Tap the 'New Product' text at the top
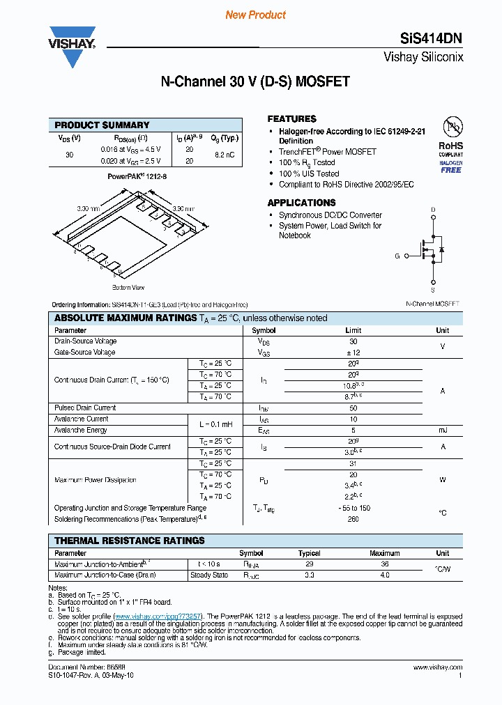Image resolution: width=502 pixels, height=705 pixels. (x=255, y=15)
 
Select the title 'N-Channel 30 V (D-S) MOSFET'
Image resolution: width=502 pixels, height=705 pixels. (x=255, y=82)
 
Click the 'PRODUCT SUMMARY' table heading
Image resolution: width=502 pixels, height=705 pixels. (x=102, y=125)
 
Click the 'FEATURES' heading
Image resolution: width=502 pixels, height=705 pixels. (x=291, y=119)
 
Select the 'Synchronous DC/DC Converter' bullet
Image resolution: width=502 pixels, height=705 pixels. (x=330, y=215)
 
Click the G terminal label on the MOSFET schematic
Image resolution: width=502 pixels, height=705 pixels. (x=397, y=256)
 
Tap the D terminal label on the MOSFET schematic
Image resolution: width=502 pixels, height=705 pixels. (x=433, y=210)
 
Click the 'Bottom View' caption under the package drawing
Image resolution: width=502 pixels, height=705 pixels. (x=128, y=287)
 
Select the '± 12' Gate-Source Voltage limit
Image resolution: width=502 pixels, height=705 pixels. (x=353, y=352)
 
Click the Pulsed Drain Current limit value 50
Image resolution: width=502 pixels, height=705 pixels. (x=353, y=408)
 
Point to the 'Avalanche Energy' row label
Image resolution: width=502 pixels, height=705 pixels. (x=82, y=430)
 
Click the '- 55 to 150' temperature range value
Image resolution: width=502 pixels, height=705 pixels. (x=353, y=508)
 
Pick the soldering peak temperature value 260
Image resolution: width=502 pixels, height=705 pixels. (x=353, y=519)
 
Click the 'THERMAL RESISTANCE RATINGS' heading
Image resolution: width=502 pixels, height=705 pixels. (x=130, y=541)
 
